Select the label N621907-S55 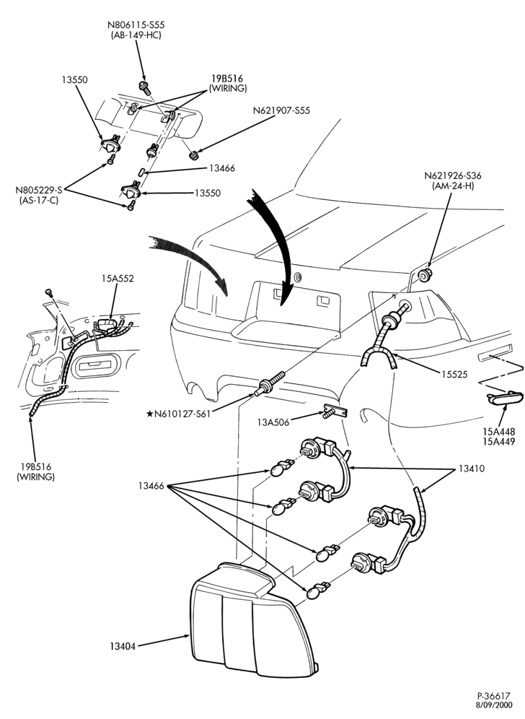click(281, 111)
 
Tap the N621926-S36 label click(453, 175)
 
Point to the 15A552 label click(118, 279)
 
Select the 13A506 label click(273, 422)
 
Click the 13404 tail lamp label click(123, 647)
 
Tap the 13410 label click(471, 469)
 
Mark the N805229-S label click(38, 190)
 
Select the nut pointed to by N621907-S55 click(193, 155)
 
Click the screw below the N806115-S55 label click(145, 87)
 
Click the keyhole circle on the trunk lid click(299, 276)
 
